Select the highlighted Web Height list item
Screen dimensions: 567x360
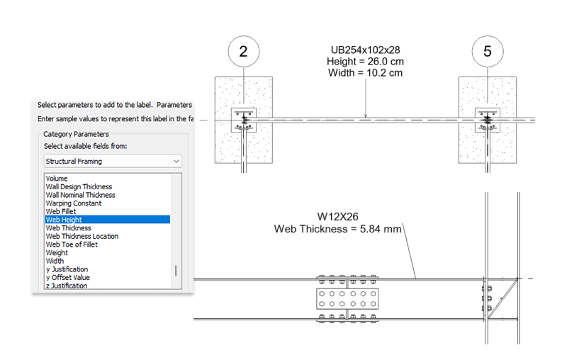(108, 220)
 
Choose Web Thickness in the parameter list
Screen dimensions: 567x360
(68, 227)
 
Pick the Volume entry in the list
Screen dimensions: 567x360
(57, 178)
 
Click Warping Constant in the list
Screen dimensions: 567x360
(74, 203)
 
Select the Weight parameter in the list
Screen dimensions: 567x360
(57, 253)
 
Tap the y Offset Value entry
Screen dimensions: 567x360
(67, 277)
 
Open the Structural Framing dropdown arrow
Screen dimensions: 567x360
(176, 161)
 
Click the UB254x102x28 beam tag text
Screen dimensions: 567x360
(365, 50)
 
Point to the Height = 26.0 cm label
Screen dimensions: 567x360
(365, 62)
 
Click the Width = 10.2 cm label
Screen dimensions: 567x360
(365, 73)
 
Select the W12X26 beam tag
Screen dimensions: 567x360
(338, 217)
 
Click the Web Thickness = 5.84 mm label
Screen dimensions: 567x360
(338, 229)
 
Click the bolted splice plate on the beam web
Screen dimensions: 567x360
(347, 299)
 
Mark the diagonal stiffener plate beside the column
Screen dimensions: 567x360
(503, 298)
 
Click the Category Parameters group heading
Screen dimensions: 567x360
(76, 134)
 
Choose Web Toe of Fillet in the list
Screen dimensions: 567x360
(72, 244)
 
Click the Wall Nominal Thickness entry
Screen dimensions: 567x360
(80, 195)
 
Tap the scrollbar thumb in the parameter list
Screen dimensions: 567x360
(176, 271)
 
